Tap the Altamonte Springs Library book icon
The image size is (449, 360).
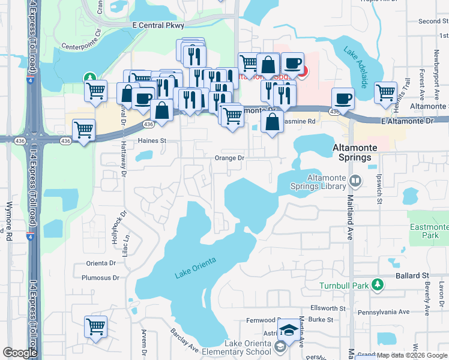355,180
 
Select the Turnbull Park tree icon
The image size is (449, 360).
377,284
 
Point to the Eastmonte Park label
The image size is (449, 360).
428,231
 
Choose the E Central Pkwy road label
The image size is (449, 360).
158,25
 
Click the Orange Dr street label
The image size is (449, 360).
230,158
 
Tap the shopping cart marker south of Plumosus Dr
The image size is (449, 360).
95,327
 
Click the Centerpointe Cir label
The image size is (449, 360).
81,44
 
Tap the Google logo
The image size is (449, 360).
20,353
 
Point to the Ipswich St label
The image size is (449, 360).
379,188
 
